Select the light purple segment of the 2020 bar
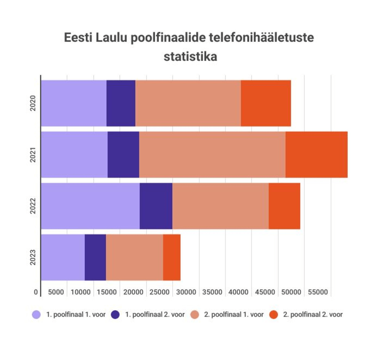tap(74, 103)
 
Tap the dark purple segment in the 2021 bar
tap(123, 154)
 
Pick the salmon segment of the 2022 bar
tap(220, 206)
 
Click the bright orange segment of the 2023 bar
tap(172, 257)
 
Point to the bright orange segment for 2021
tap(316, 154)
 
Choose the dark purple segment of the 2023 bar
tap(95, 257)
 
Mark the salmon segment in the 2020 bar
tap(188, 103)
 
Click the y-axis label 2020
tap(33, 103)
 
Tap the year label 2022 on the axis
tap(33, 206)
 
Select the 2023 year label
tap(33, 257)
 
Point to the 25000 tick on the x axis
tap(160, 292)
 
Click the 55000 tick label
tap(318, 292)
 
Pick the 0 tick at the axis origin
tap(36, 292)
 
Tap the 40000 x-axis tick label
tap(239, 292)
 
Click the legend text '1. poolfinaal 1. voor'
tap(76, 315)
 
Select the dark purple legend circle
tap(116, 315)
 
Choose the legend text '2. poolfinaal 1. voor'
tap(234, 315)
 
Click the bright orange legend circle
tap(274, 315)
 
